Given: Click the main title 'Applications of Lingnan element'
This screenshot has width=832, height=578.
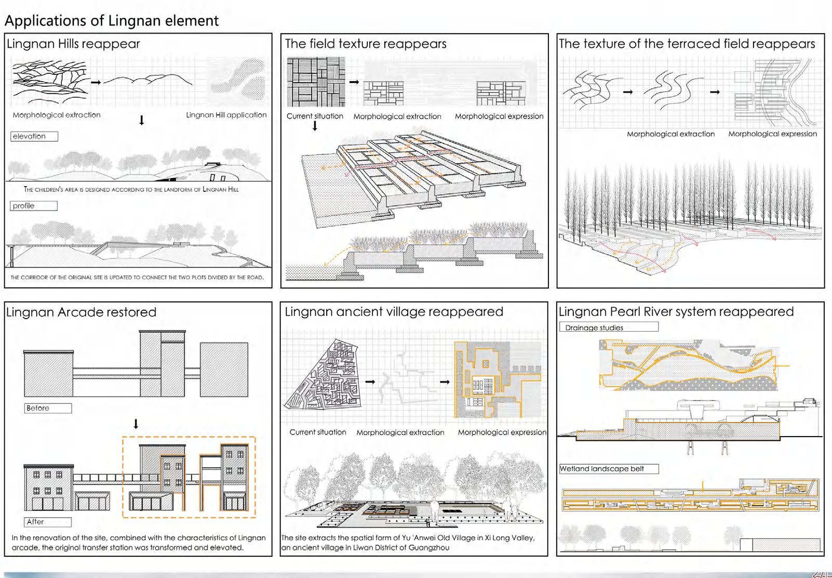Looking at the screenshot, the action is (x=112, y=21).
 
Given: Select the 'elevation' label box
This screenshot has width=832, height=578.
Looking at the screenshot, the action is (x=34, y=136).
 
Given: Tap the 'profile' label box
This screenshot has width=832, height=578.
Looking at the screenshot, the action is (x=33, y=206).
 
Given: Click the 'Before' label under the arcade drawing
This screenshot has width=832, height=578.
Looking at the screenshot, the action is (x=47, y=408).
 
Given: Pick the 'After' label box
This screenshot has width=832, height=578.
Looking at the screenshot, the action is (x=47, y=522).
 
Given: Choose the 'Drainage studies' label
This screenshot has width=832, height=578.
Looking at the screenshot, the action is (x=608, y=327).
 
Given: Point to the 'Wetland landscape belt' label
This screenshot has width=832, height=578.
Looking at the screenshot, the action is (x=609, y=469).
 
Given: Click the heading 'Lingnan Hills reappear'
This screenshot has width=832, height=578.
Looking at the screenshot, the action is (x=73, y=44).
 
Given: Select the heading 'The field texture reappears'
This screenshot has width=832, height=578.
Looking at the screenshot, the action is (x=366, y=44).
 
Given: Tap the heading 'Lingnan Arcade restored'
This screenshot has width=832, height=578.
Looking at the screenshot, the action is (x=81, y=312).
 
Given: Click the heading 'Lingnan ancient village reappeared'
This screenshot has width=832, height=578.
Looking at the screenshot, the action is (x=394, y=312).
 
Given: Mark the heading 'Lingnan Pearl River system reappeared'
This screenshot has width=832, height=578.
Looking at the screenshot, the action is (x=676, y=312).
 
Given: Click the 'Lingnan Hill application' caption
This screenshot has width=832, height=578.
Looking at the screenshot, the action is (x=226, y=115).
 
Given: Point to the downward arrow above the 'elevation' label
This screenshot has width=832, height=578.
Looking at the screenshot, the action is (x=141, y=121).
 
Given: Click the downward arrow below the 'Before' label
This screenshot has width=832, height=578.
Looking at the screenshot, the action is (x=136, y=424).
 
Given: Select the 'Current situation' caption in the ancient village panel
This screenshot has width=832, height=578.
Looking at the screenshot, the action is (x=318, y=432).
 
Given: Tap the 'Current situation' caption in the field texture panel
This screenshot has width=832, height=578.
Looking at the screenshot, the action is (x=315, y=116).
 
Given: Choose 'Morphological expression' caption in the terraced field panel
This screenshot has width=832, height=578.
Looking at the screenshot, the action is (x=772, y=134).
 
